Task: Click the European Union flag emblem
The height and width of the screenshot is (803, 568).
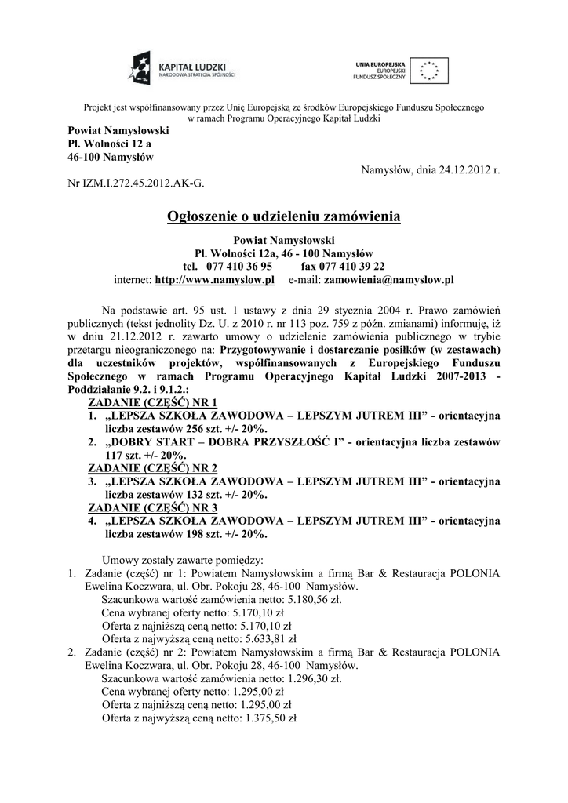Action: point(428,70)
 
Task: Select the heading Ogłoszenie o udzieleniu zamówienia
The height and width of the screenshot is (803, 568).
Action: point(284,216)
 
